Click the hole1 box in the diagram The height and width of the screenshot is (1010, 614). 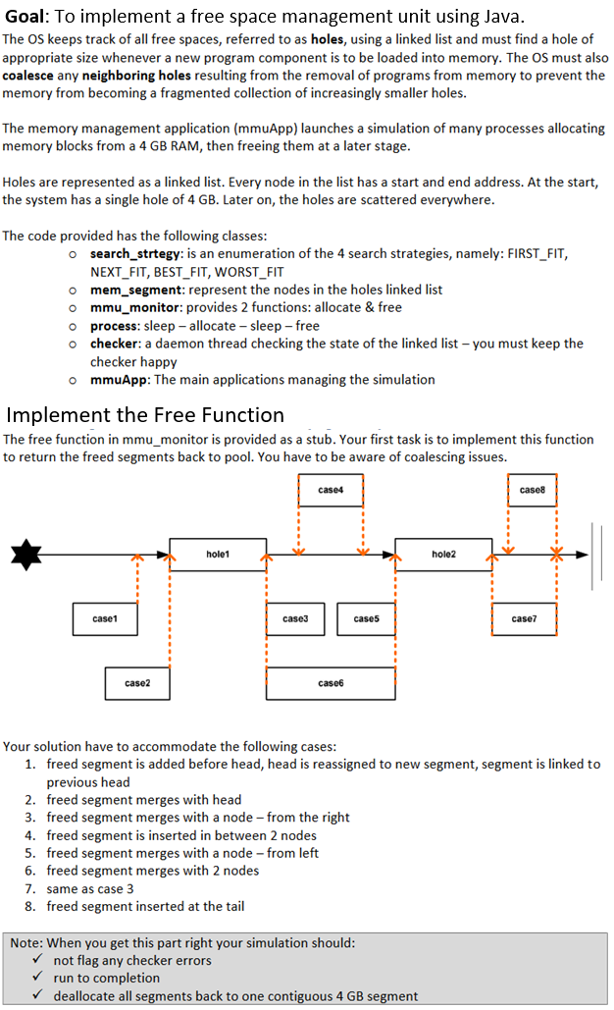[x=218, y=555]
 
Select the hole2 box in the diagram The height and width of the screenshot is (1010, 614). [x=443, y=555]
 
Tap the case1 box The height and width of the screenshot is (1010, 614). [x=104, y=619]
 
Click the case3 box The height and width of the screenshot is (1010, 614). [x=295, y=619]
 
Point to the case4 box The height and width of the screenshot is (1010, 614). [x=331, y=490]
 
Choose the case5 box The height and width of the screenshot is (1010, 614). [x=366, y=619]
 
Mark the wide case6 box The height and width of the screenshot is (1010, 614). [x=331, y=682]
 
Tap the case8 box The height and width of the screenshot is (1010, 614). [x=532, y=490]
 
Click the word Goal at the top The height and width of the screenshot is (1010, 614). [x=39, y=17]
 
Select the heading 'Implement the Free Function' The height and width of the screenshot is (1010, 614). [x=145, y=414]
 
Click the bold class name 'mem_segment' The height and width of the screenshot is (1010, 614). [x=136, y=290]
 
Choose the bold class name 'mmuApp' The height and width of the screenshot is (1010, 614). [x=118, y=379]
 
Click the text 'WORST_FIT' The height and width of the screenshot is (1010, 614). [x=249, y=272]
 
